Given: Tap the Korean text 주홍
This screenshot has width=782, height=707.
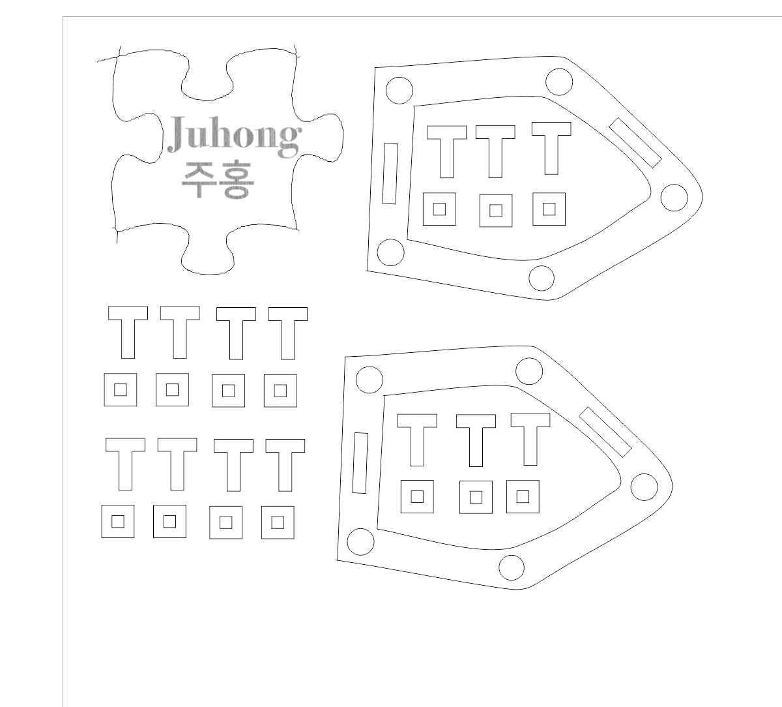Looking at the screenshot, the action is click(217, 180).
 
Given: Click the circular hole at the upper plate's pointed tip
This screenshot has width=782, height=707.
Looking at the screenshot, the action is click(674, 196).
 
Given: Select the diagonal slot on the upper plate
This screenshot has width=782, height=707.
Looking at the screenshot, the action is click(635, 142).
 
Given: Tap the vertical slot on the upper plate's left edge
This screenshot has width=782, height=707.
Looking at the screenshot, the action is click(390, 173).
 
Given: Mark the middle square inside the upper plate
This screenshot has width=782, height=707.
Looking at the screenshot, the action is click(495, 210).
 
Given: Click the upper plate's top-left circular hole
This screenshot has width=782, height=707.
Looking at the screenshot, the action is click(399, 89).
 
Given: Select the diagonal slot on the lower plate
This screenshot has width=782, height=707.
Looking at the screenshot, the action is click(605, 432).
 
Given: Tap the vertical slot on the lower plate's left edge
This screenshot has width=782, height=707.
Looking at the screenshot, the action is click(360, 462).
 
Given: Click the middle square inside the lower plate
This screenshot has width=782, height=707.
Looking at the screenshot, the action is click(476, 497).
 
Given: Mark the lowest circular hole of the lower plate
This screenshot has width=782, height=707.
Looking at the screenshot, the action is click(512, 567).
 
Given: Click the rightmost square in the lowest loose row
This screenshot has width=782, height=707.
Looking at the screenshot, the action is click(278, 522).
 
